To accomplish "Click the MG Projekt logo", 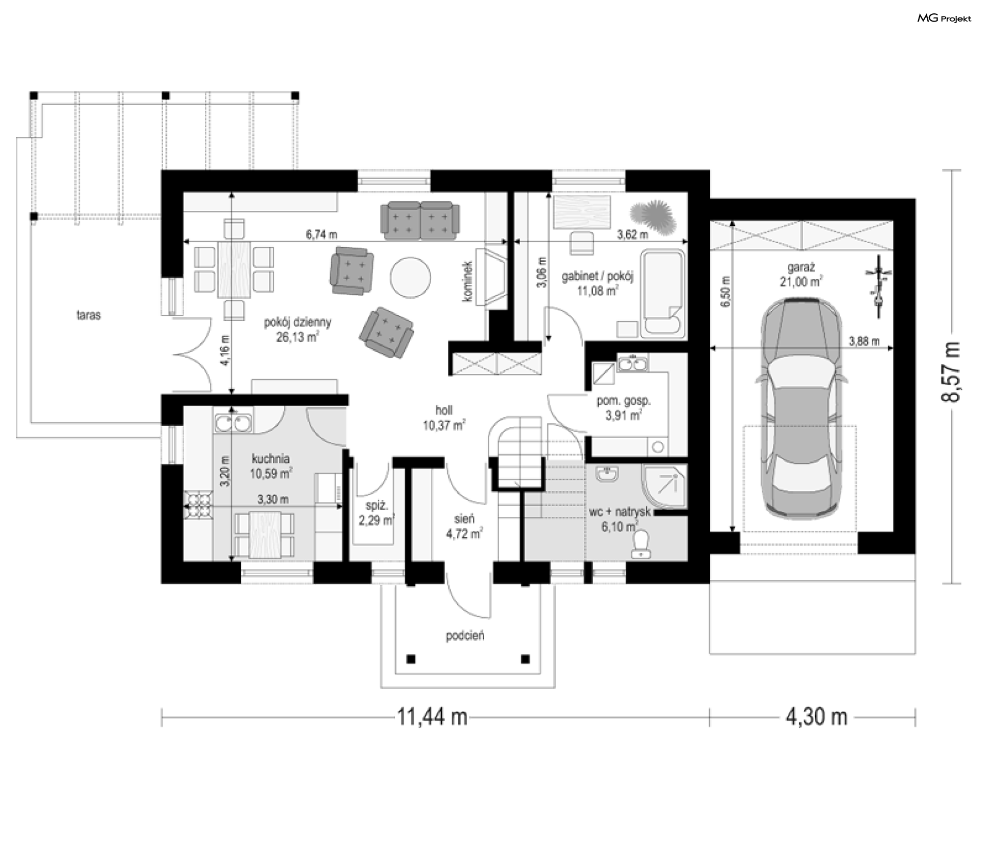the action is click(944, 19).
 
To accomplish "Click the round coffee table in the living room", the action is click(410, 277).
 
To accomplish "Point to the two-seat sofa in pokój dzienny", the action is click(420, 221).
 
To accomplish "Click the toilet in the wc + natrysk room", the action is click(642, 544).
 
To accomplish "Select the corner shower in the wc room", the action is click(664, 487).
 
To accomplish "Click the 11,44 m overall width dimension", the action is click(432, 716).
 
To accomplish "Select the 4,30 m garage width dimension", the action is click(817, 716).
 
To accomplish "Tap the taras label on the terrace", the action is click(89, 315).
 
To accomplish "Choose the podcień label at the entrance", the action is click(465, 636).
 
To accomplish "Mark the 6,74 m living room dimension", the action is click(322, 235).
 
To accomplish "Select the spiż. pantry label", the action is click(377, 506).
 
